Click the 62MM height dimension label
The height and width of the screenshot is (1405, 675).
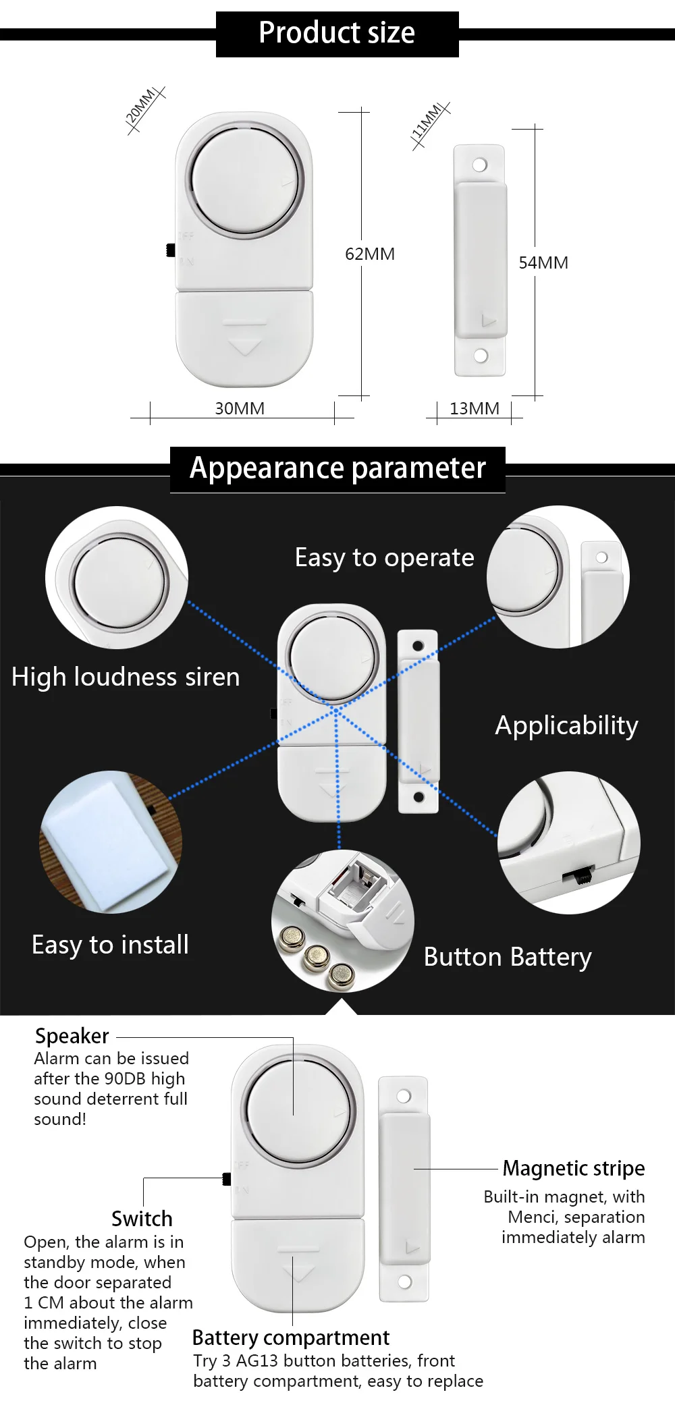[x=370, y=254]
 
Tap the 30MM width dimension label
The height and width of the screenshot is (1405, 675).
[x=240, y=408]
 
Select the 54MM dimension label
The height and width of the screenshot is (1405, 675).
[x=543, y=263]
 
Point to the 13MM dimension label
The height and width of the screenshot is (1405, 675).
[x=475, y=408]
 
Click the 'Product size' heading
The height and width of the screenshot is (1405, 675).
[x=337, y=33]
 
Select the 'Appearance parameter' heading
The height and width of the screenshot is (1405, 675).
[x=337, y=468]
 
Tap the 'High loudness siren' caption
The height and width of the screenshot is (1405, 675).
[x=126, y=677]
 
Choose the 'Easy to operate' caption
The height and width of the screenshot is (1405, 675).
[x=384, y=558]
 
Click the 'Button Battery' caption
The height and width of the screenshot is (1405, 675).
[x=508, y=957]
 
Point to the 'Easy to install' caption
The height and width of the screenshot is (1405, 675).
[x=110, y=945]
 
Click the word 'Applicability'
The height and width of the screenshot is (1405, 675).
[x=566, y=725]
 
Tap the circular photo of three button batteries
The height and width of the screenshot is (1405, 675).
[x=342, y=920]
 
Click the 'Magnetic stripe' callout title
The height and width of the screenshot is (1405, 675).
[x=574, y=1168]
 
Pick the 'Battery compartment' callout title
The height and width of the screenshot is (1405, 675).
[x=291, y=1338]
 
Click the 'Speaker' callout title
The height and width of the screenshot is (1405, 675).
[x=72, y=1036]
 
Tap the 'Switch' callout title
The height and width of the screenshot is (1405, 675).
[x=142, y=1219]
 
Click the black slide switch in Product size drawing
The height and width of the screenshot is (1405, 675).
[x=171, y=250]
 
